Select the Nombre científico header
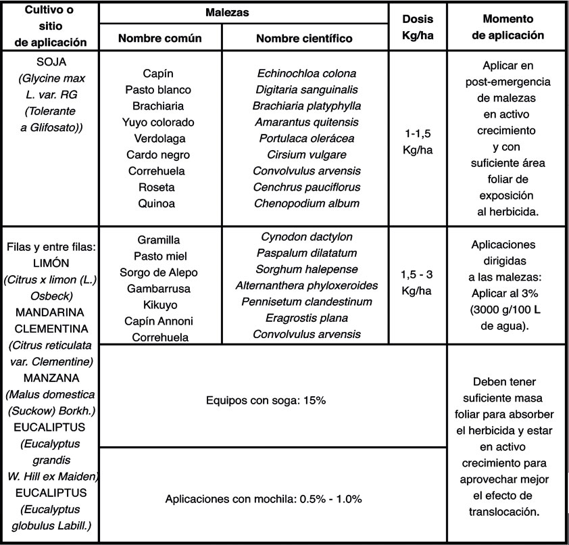click(x=304, y=39)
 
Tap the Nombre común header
click(x=159, y=39)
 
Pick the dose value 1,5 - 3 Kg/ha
click(x=417, y=285)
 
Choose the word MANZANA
click(x=51, y=377)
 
